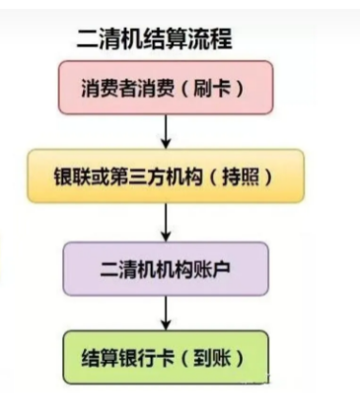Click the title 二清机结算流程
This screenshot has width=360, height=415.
click(x=155, y=39)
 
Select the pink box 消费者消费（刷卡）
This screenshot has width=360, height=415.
click(x=166, y=88)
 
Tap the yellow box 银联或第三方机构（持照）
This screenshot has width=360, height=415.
click(x=166, y=175)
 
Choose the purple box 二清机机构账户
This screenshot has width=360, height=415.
click(x=166, y=269)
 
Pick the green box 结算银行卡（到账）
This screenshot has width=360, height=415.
click(x=166, y=357)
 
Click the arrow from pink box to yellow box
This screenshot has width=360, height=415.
click(x=166, y=132)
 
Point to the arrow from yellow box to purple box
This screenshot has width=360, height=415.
click(x=166, y=223)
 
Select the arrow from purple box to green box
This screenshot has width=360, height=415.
click(x=166, y=313)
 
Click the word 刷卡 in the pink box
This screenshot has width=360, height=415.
click(x=212, y=88)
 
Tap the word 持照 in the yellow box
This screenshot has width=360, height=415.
click(x=241, y=176)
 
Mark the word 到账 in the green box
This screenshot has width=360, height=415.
click(x=212, y=358)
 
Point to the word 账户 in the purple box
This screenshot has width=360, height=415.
click(x=212, y=269)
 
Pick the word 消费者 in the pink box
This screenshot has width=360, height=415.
click(x=108, y=88)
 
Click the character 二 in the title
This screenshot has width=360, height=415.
click(x=87, y=40)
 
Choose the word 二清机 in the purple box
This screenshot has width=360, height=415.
click(x=128, y=269)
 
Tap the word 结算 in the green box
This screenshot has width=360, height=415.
click(x=100, y=358)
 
